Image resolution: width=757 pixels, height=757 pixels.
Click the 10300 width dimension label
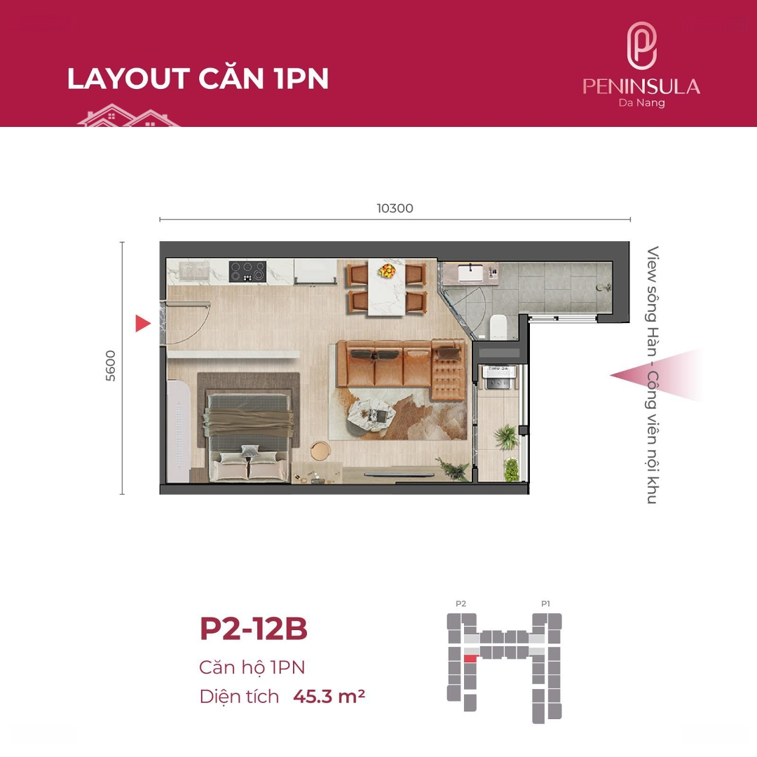coord(395,208)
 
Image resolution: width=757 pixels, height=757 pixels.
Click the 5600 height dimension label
coord(111,365)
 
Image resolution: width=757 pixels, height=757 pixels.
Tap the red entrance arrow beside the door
coord(142,323)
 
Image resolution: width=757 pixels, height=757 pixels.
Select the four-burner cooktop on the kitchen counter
coord(247,271)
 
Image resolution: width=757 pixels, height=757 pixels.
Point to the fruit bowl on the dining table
coord(387,271)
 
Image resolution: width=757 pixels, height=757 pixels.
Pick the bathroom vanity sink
coord(469,273)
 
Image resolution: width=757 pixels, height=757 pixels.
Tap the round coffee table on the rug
coord(370,416)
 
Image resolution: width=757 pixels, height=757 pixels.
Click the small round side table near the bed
coord(320,451)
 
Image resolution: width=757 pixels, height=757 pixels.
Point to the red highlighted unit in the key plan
coord(471,658)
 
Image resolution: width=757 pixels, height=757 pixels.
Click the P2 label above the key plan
coord(461,603)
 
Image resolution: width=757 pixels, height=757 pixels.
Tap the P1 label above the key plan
coord(545,603)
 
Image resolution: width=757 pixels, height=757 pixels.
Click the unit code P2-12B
coord(254,629)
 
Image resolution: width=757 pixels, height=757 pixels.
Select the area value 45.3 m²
coord(329,697)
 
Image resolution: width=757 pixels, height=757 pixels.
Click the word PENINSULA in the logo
coord(641,86)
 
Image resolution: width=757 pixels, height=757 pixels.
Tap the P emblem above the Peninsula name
coord(641,46)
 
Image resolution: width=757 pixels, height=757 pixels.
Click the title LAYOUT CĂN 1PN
coord(198,79)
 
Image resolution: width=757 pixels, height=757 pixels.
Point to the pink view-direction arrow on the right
coord(657,375)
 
